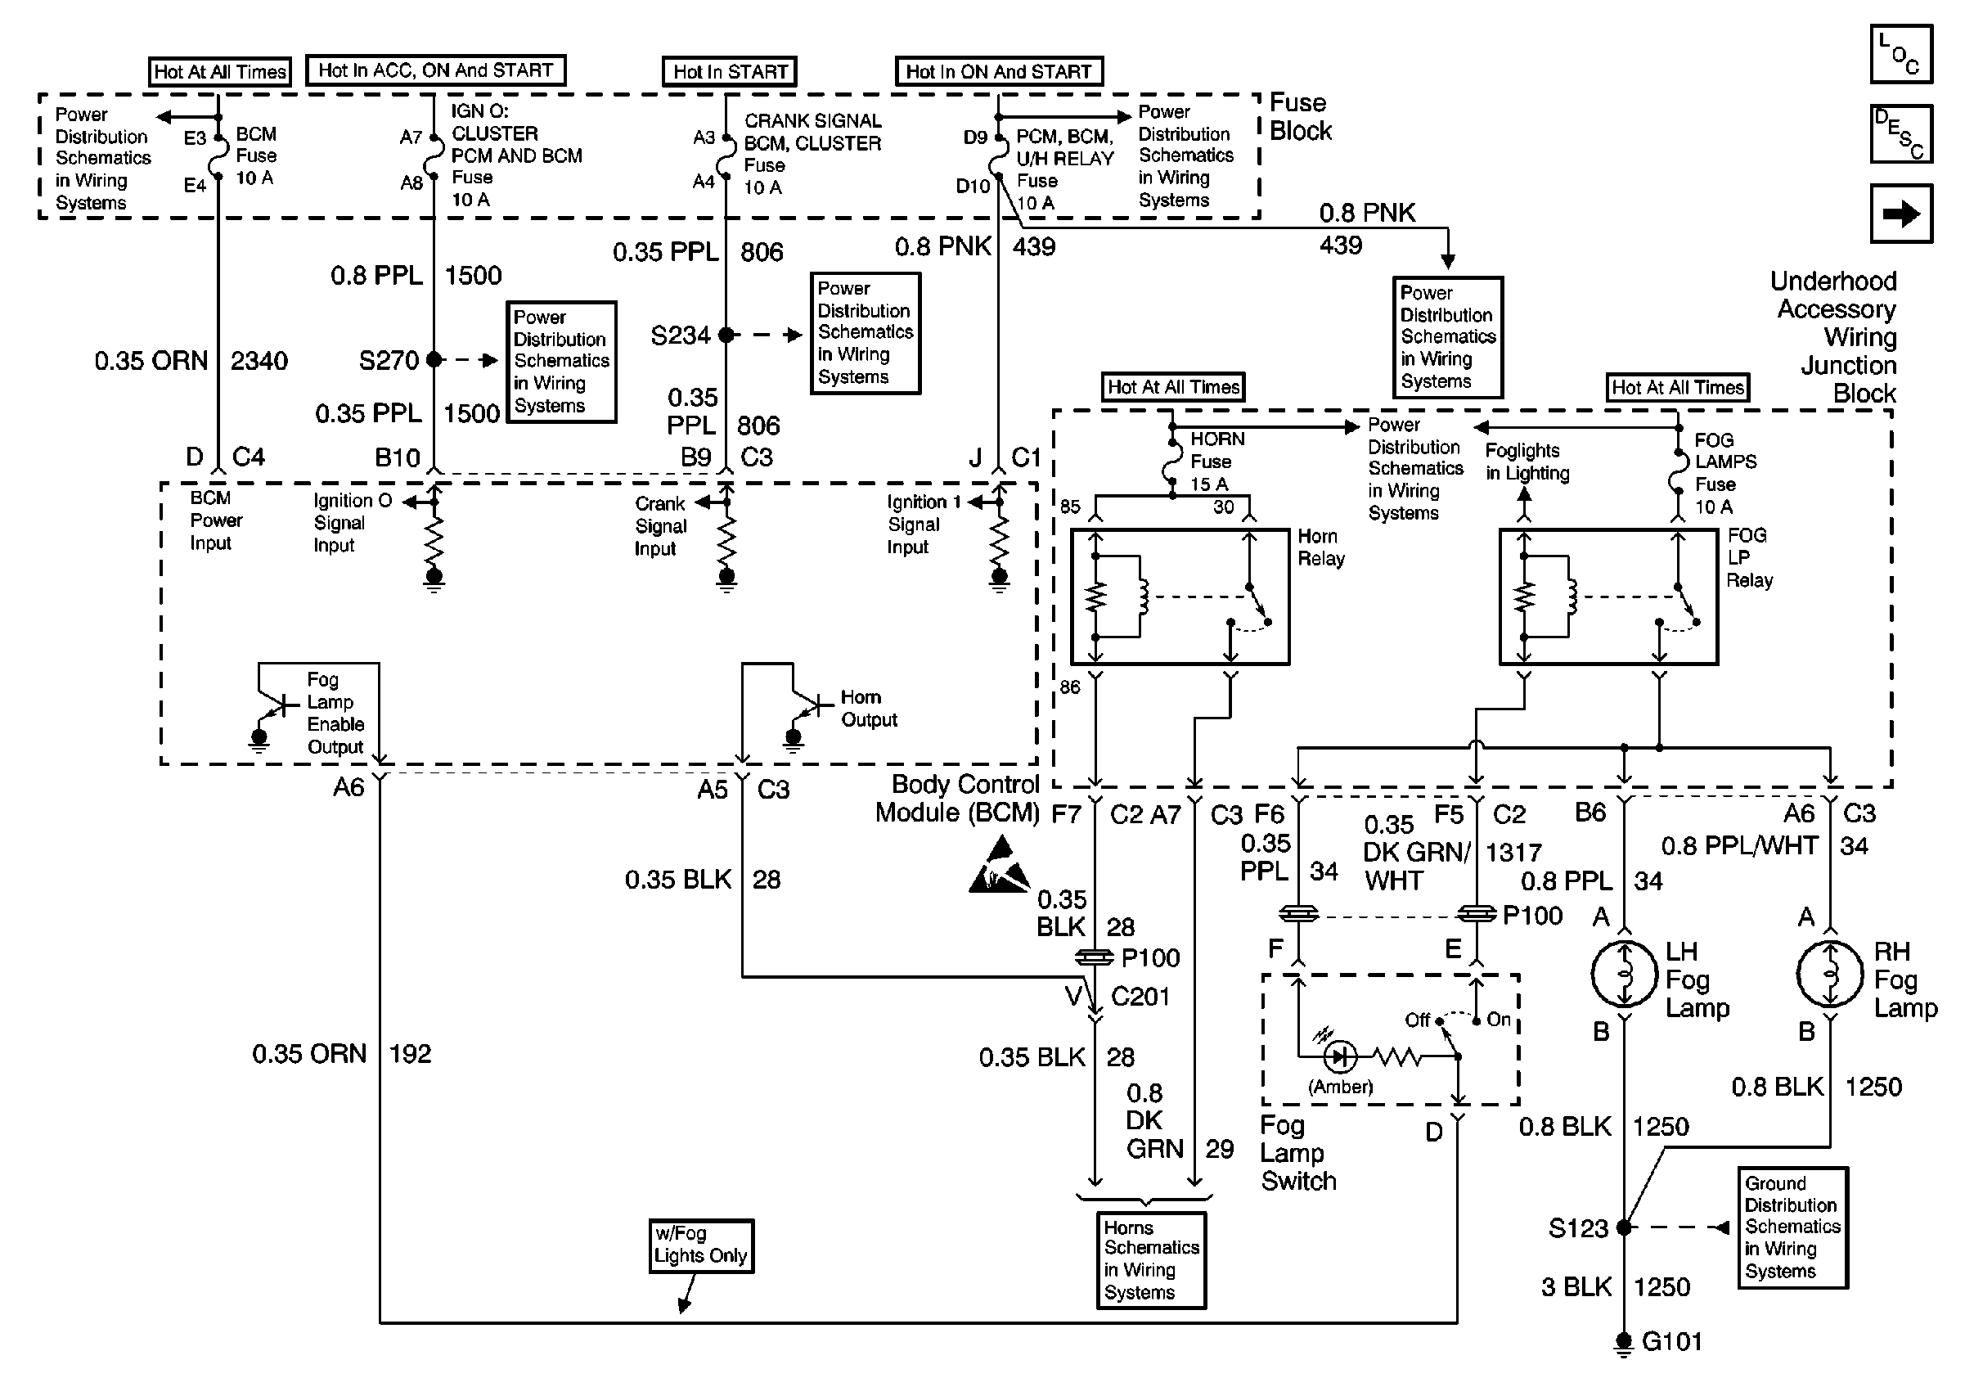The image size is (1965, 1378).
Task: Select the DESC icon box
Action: click(x=1901, y=133)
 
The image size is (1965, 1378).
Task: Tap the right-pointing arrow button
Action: click(x=1901, y=214)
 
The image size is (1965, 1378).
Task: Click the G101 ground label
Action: click(x=1671, y=1341)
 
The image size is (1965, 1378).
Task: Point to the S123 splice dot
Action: click(x=1624, y=1227)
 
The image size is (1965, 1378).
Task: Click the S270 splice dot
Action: click(x=434, y=359)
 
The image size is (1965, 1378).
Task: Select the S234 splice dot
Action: click(x=726, y=335)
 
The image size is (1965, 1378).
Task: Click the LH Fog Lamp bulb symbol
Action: click(x=1624, y=974)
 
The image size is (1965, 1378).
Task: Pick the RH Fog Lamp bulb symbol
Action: click(x=1830, y=974)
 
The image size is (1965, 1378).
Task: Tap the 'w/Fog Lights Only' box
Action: click(x=701, y=1245)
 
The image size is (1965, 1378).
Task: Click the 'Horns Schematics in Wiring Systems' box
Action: click(x=1151, y=1260)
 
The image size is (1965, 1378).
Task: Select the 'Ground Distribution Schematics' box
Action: click(x=1792, y=1227)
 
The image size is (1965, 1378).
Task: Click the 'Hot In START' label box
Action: click(x=729, y=72)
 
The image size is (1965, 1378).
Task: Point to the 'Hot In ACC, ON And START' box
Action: click(x=435, y=70)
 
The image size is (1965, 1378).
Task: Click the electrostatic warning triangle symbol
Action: click(x=1000, y=867)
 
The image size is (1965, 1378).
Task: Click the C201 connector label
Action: click(x=1140, y=997)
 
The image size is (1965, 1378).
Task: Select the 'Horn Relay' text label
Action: click(x=1320, y=547)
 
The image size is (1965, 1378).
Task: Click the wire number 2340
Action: click(x=259, y=361)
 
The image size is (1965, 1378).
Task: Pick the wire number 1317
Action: click(x=1513, y=853)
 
